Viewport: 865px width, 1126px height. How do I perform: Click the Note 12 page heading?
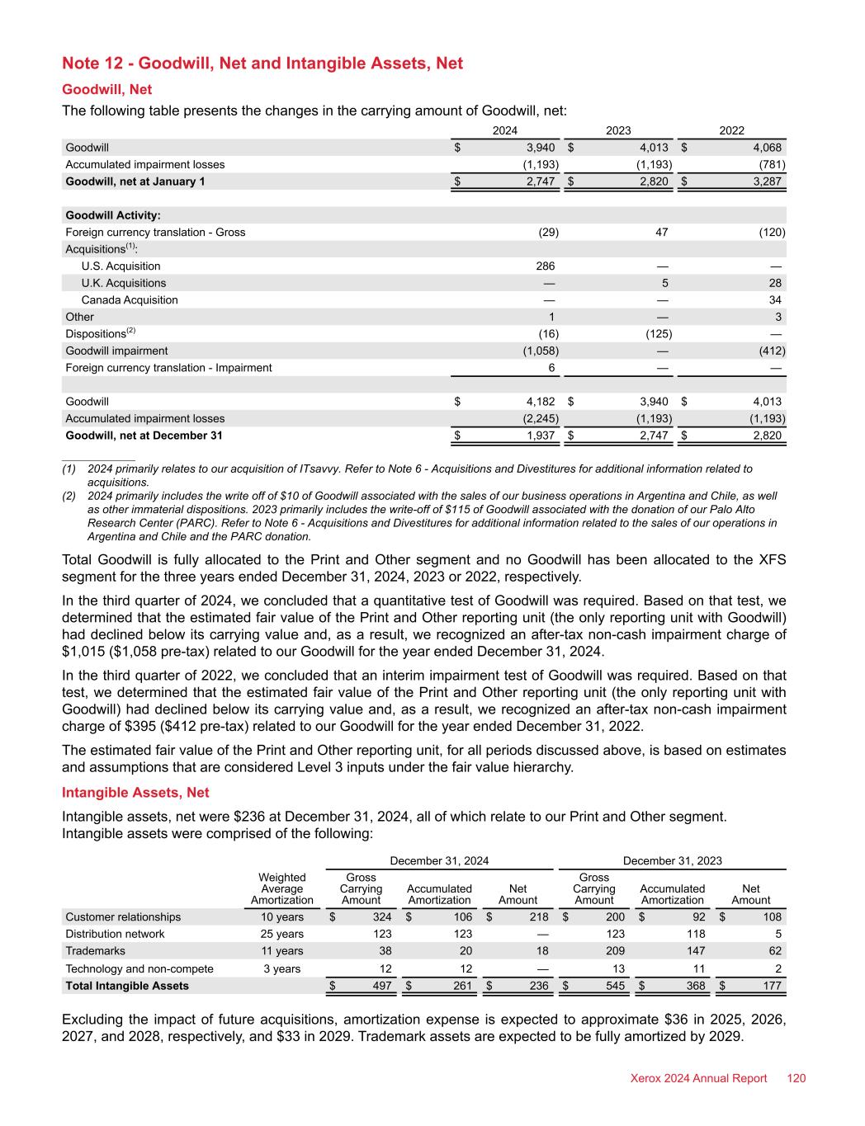262,64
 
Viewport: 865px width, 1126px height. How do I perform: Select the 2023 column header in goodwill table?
618,130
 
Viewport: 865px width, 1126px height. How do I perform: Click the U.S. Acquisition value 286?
546,266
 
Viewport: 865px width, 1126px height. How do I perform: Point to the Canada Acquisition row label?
130,300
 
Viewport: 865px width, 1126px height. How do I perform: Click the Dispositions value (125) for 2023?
658,334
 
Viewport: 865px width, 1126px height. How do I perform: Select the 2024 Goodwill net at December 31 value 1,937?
541,436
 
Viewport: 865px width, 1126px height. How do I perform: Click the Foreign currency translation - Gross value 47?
662,233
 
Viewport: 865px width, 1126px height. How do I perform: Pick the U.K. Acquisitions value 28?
774,283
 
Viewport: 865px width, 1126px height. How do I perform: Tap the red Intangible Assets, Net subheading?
135,793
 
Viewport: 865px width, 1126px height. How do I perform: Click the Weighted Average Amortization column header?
282,888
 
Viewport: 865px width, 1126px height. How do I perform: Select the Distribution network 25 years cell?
282,934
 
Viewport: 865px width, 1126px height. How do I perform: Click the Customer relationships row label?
123,917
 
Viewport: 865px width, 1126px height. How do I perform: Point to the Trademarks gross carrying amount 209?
615,951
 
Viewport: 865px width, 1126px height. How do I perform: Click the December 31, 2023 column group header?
672,861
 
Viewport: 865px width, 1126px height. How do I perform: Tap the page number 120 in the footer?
796,1078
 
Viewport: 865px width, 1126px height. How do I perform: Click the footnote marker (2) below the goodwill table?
69,497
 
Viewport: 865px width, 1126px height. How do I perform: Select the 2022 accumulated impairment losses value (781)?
771,165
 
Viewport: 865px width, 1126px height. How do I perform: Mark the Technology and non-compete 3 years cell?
282,968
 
